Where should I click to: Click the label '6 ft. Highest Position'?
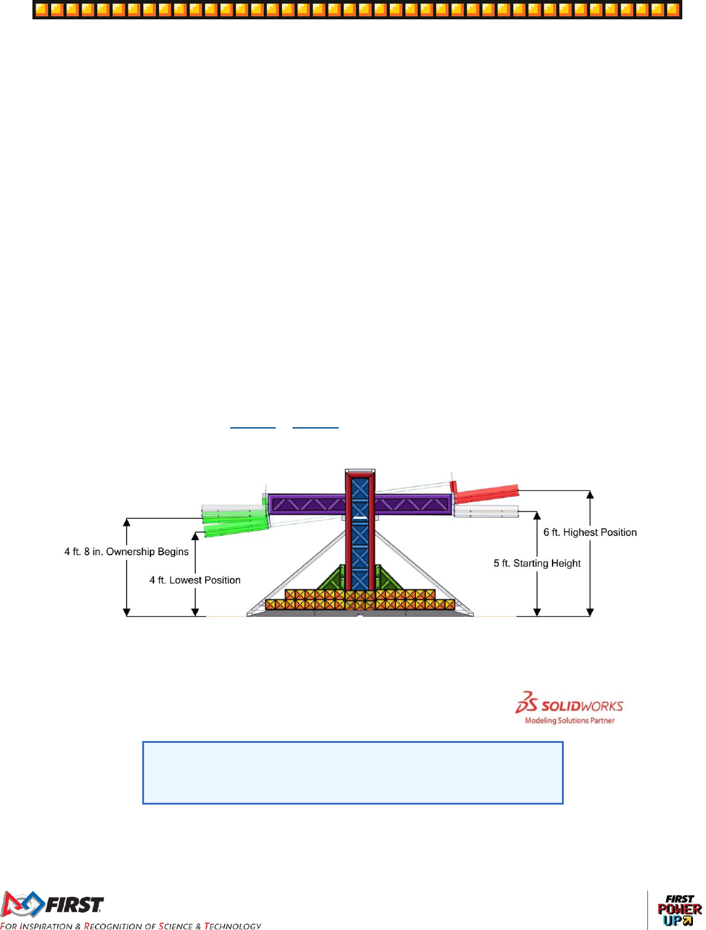coord(590,532)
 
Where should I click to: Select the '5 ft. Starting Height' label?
coord(537,563)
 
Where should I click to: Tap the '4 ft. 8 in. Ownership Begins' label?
coord(127,551)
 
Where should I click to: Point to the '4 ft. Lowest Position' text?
coord(195,580)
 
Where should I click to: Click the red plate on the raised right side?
coord(486,493)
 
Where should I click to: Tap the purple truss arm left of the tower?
coord(306,504)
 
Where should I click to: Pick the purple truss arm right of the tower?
coord(413,504)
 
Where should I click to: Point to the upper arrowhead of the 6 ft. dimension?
coord(590,495)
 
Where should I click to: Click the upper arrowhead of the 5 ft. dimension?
coord(537,516)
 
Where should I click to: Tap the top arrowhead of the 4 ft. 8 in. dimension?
coord(127,522)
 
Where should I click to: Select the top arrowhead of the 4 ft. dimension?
coord(195,536)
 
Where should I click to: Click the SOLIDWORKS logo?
coord(569,703)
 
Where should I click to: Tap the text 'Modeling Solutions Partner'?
coord(569,720)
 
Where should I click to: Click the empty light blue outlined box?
coord(352,772)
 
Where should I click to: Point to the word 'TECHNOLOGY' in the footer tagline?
coord(233,926)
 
